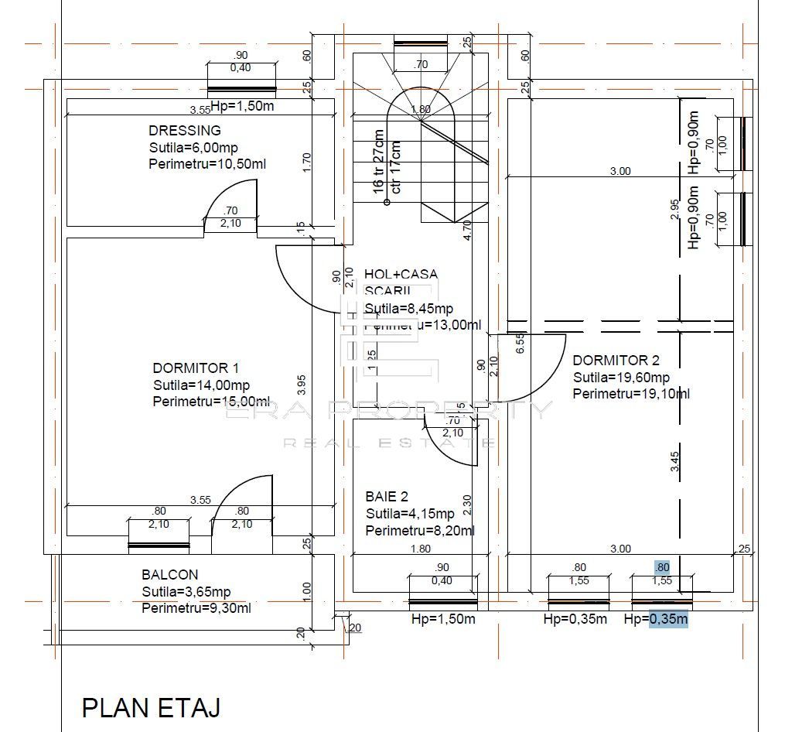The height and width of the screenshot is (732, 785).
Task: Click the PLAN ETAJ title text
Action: (x=151, y=707)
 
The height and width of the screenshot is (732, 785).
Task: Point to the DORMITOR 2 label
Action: (x=616, y=361)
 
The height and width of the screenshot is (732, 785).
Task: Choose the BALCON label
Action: (x=169, y=575)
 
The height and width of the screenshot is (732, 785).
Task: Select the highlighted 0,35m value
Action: (x=668, y=619)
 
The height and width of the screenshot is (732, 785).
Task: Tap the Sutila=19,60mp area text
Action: (x=621, y=378)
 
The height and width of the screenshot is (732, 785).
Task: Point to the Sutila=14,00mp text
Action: (x=201, y=385)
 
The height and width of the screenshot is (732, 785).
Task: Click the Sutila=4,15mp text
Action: (x=410, y=514)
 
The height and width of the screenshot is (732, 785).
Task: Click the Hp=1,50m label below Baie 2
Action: (x=443, y=619)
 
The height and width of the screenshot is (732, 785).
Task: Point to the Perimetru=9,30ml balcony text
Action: (x=196, y=608)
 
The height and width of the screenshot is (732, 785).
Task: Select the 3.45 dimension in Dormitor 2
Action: (x=675, y=462)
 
